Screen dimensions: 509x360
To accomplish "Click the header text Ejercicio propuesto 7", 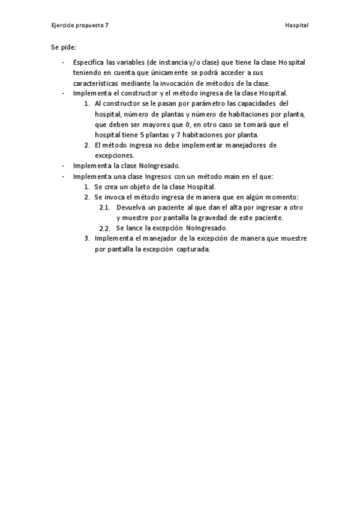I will tap(80, 26).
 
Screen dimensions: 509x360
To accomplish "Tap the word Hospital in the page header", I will tap(296, 26).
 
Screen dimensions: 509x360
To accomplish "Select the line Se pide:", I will tap(64, 47).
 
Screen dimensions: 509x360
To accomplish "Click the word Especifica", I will tap(88, 62).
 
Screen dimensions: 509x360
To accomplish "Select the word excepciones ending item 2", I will tap(114, 155).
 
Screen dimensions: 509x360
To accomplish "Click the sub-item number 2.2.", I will tap(104, 229).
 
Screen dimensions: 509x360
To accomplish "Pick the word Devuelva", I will tap(130, 207).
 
